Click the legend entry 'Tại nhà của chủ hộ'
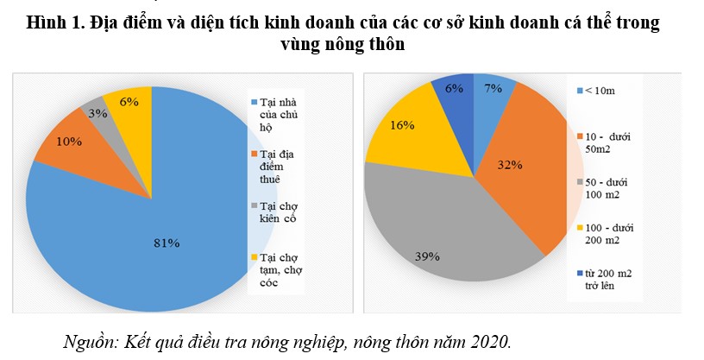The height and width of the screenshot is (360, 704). pyautogui.click(x=275, y=114)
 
